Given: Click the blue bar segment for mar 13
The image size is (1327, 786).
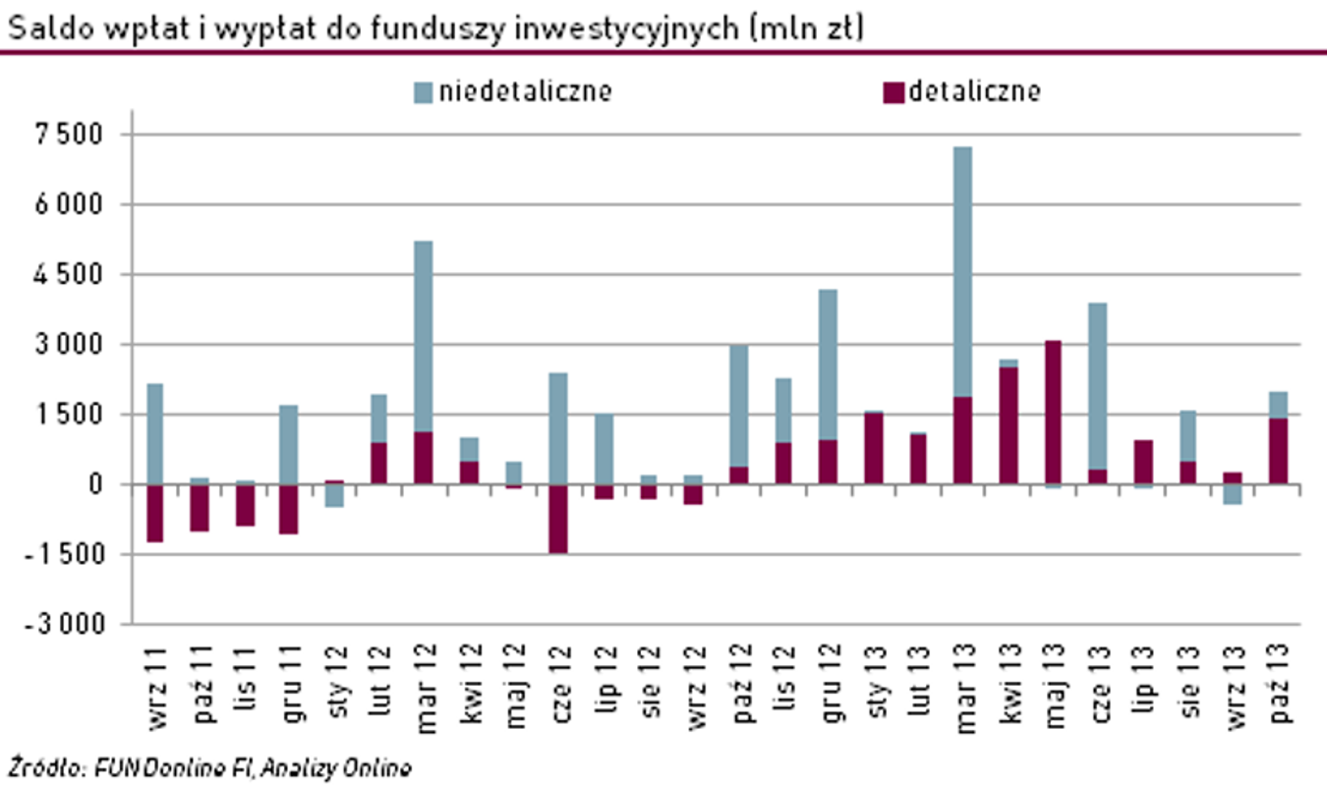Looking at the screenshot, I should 962,271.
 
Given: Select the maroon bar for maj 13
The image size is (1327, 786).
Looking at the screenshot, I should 1053,412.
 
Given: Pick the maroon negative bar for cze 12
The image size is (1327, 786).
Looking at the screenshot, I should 558,519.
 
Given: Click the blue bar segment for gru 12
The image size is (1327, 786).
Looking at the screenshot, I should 828,365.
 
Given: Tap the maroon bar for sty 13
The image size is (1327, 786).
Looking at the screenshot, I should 873,448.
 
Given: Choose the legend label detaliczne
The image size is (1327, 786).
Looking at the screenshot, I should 974,92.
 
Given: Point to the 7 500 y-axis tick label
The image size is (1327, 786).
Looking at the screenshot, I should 69,135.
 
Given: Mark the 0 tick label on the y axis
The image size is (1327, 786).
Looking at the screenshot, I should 94,484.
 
